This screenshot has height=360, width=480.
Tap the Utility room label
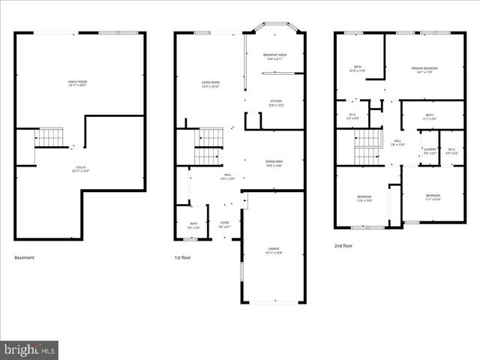coord(79,169)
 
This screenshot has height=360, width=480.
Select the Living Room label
coord(210,83)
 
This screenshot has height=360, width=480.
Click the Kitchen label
coord(276,103)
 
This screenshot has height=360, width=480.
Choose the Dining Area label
coord(274,163)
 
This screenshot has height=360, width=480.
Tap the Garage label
coord(274,250)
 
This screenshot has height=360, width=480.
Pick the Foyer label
coord(224,223)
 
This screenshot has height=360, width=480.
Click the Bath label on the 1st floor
coord(193,225)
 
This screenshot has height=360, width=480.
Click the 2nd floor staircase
coord(367,146)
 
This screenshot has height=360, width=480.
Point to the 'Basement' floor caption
coord(25,258)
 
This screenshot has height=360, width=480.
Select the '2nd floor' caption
coord(343,245)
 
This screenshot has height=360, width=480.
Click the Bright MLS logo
coord(29,349)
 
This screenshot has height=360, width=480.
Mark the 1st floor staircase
coord(209,146)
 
